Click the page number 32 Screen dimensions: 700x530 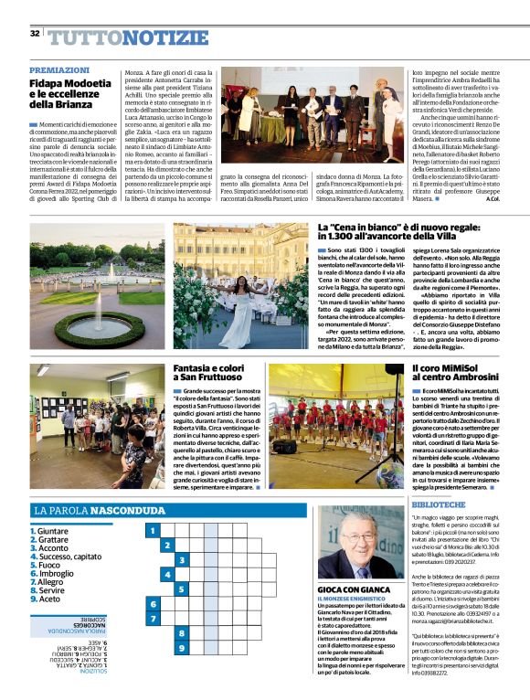[x=35, y=34]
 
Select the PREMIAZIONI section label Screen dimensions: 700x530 [x=59, y=70]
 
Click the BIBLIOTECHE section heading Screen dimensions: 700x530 [x=442, y=504]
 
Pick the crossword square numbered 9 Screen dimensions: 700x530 [x=182, y=649]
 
